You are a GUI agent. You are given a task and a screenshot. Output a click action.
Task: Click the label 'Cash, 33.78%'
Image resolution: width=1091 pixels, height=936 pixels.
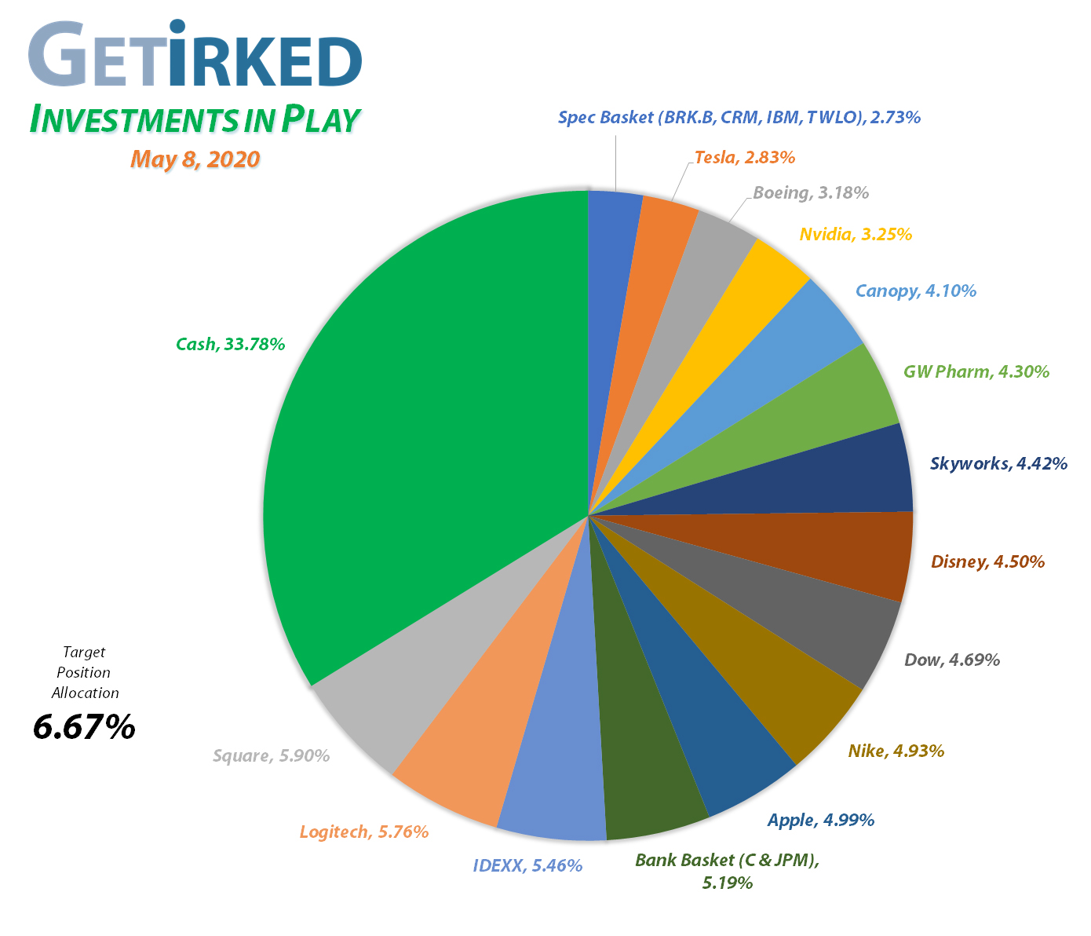coord(230,344)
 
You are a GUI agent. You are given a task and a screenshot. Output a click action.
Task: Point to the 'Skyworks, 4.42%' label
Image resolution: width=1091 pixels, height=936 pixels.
coord(998,463)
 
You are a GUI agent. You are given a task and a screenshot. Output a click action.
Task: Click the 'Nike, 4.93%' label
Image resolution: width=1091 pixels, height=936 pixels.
coord(896,751)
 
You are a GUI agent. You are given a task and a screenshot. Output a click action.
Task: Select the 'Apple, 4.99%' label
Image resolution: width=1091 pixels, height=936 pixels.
coord(820,821)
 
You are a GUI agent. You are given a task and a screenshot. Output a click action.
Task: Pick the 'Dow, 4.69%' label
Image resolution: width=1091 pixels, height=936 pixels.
coord(951,660)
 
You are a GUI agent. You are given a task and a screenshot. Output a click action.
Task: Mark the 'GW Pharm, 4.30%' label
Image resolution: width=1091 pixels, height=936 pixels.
coord(976,371)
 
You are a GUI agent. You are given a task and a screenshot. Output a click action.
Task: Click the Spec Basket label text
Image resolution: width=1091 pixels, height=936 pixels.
coord(739,118)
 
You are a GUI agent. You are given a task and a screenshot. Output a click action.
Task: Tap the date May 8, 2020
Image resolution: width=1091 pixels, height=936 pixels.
coord(195,159)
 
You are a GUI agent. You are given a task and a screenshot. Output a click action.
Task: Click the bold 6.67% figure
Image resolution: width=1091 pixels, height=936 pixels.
coord(84,728)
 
